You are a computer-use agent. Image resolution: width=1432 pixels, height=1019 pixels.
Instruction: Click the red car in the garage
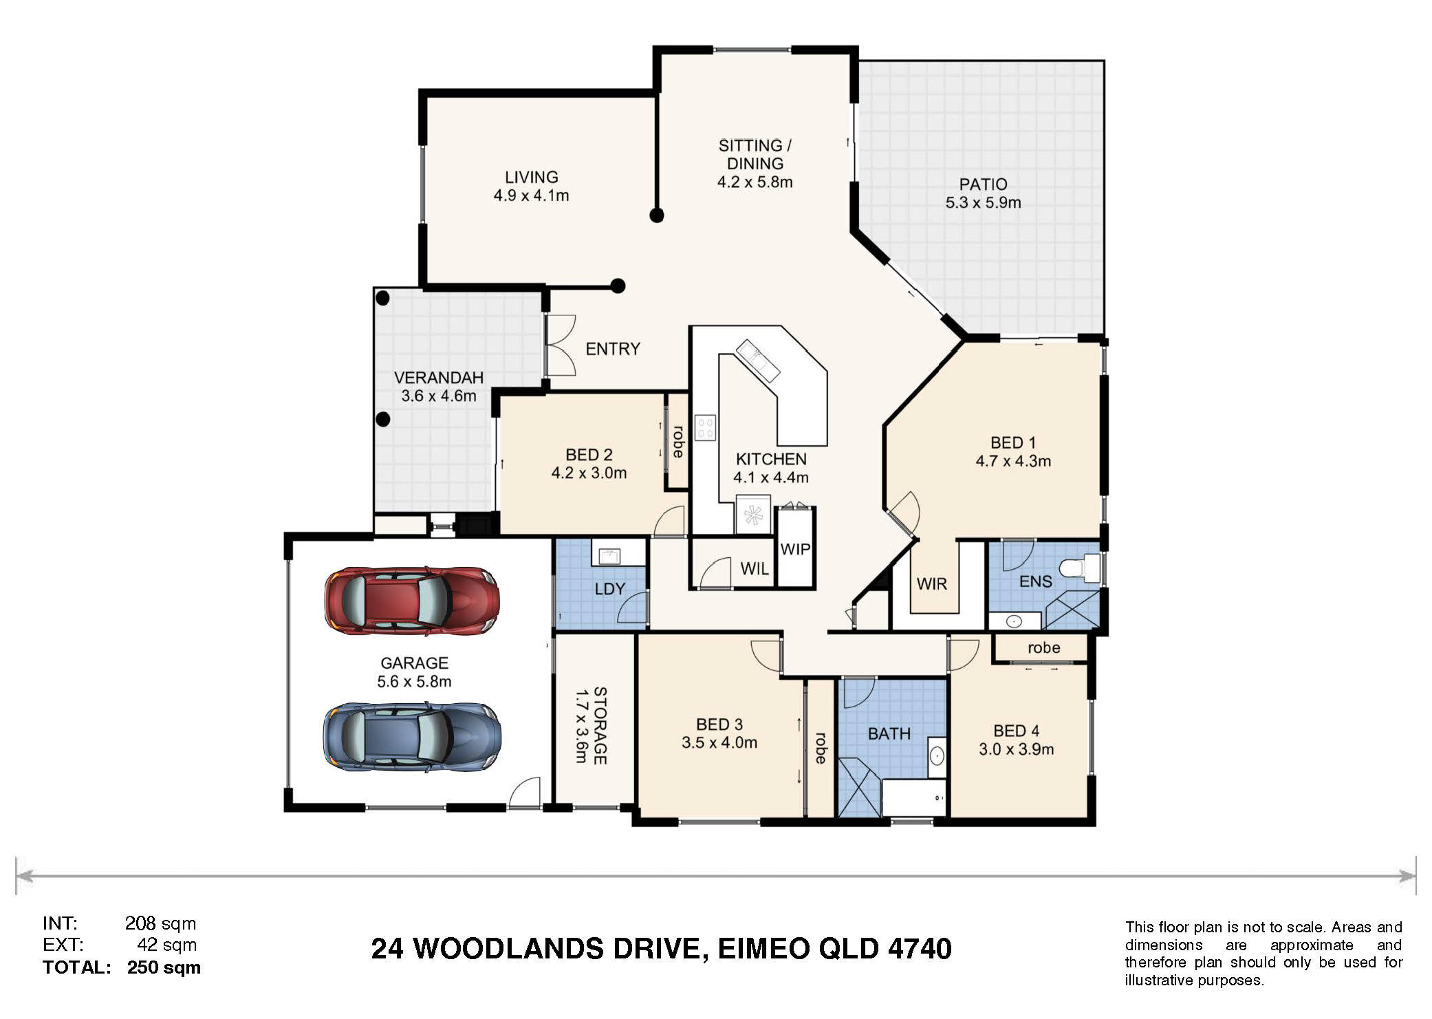412,601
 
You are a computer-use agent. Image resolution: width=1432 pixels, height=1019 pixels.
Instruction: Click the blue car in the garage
412,737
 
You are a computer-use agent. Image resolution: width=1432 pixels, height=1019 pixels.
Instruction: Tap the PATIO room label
983,184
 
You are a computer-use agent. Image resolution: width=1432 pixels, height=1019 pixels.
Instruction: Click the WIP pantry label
795,549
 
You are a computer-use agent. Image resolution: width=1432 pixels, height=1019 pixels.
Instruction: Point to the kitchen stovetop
705,427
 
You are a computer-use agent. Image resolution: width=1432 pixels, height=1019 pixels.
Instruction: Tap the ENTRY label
613,349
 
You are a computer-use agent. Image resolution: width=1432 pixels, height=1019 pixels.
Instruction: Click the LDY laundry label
609,589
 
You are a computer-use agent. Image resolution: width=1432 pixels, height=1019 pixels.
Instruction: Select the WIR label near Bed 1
932,584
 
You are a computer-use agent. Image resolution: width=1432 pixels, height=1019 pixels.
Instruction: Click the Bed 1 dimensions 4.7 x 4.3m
1013,461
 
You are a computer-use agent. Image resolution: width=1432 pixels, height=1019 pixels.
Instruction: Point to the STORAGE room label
600,726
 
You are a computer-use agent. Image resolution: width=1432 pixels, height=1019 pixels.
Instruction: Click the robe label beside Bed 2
678,442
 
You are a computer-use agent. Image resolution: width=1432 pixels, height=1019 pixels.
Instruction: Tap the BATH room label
889,734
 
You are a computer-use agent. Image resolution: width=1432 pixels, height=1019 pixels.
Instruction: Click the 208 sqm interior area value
160,923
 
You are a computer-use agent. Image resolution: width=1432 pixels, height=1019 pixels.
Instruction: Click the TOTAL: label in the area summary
76,967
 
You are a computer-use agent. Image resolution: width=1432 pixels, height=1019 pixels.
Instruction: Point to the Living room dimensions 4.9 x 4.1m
531,195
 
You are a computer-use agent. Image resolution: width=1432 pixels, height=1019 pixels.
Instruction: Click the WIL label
755,569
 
